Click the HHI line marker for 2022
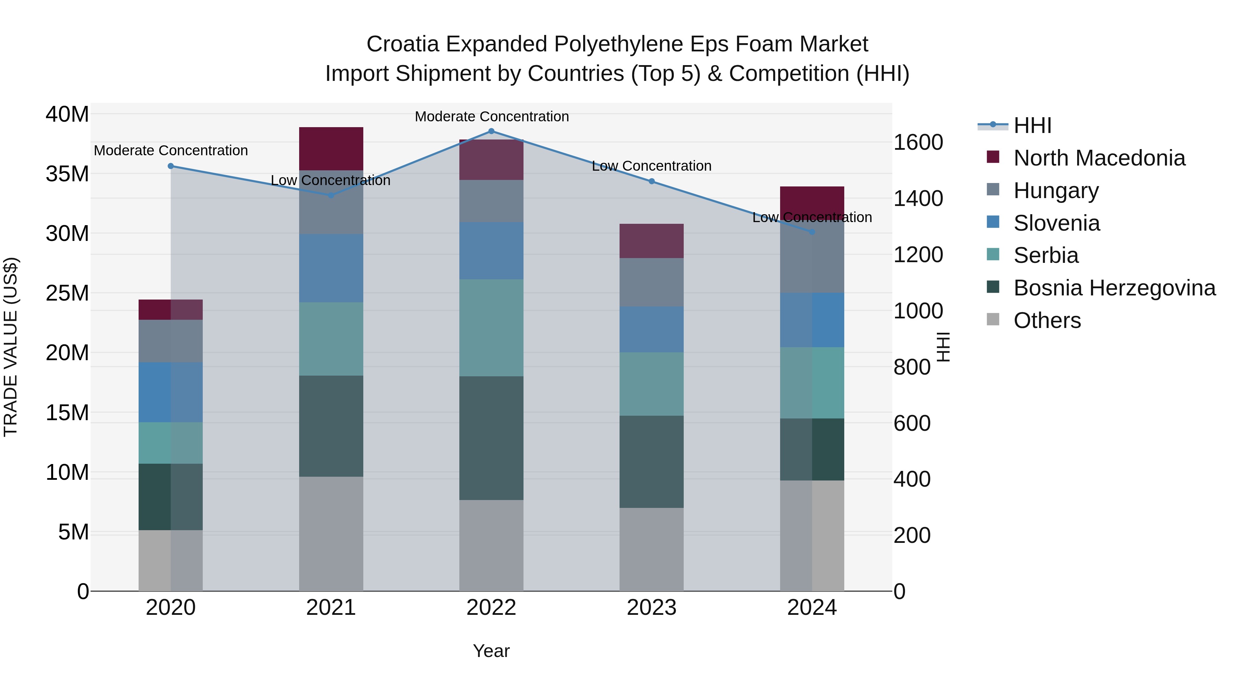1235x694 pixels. click(x=491, y=131)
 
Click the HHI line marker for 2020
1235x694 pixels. click(x=171, y=166)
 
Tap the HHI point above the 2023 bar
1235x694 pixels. click(x=651, y=182)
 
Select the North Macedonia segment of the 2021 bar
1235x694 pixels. click(x=331, y=148)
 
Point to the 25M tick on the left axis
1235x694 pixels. click(x=67, y=293)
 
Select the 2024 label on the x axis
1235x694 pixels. click(x=812, y=608)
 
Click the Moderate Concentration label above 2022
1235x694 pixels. click(x=491, y=117)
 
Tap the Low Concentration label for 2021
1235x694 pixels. click(x=330, y=181)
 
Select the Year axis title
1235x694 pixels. click(x=491, y=651)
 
